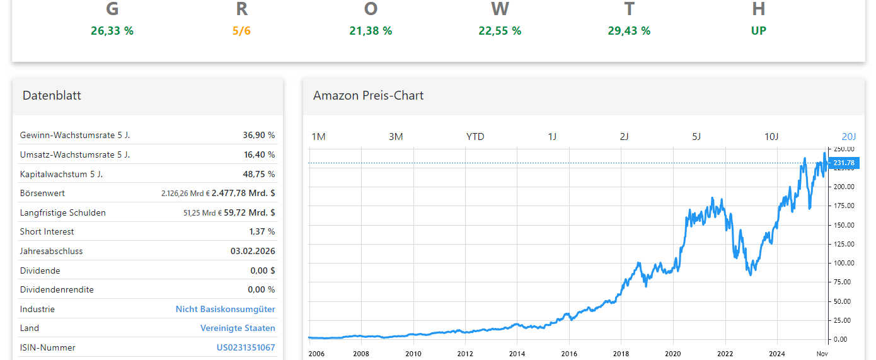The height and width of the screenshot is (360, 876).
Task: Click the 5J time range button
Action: (x=696, y=137)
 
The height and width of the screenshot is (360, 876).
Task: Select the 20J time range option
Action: (x=849, y=137)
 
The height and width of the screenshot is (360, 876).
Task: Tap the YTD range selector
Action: (x=475, y=137)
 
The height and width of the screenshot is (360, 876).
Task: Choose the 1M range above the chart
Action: (x=319, y=137)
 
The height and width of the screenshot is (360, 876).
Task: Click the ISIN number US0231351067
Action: (x=246, y=347)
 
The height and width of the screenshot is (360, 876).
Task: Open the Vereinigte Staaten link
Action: (x=238, y=328)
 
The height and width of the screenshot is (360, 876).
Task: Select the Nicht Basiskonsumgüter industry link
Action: (x=225, y=309)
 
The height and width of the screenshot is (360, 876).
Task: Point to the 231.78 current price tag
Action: (x=844, y=163)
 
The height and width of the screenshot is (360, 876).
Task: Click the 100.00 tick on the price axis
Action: (x=844, y=263)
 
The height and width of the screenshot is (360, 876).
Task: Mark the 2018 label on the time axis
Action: (x=621, y=354)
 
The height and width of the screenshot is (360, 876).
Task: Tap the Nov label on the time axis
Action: (x=822, y=354)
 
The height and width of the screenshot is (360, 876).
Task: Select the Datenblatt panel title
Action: (x=52, y=96)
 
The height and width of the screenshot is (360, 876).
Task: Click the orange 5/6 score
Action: (x=241, y=31)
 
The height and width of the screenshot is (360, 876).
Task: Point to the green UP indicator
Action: (x=759, y=31)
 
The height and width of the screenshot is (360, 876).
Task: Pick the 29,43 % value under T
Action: (x=629, y=31)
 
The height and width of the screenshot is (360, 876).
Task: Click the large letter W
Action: (x=500, y=9)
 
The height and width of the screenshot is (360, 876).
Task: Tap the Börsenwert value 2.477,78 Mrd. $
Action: (x=243, y=194)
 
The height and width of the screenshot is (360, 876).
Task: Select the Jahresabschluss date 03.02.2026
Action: (x=253, y=251)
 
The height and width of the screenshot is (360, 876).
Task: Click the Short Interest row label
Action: (x=47, y=232)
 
